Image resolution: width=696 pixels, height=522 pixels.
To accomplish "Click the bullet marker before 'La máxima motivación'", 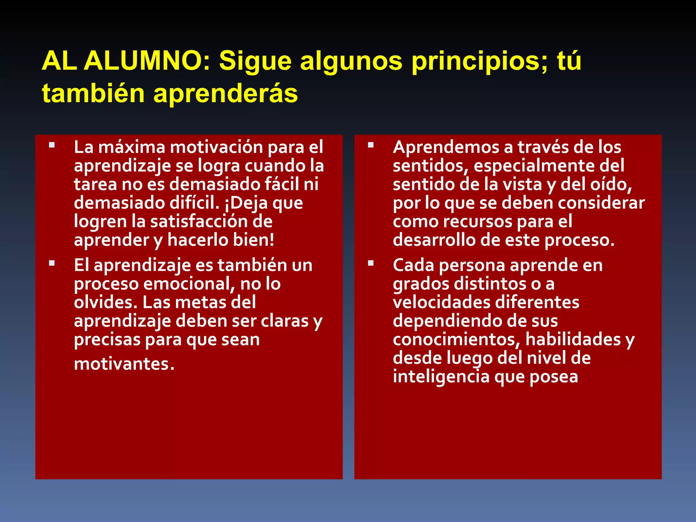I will point(52,145).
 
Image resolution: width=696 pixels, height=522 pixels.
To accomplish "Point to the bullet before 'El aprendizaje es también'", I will point(52,263).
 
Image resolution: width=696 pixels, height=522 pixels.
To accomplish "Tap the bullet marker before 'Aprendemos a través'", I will point(371,145).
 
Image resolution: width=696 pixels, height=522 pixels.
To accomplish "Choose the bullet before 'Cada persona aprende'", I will point(371,263).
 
